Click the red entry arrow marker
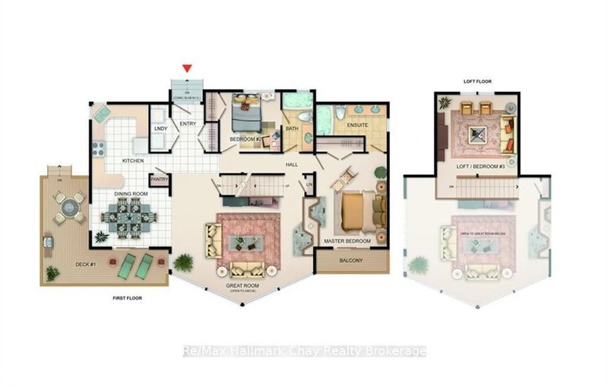tap(187, 69)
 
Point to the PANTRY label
tap(159, 180)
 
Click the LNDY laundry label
tap(160, 128)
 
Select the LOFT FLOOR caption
tap(477, 81)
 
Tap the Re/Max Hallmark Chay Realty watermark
tap(305, 351)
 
